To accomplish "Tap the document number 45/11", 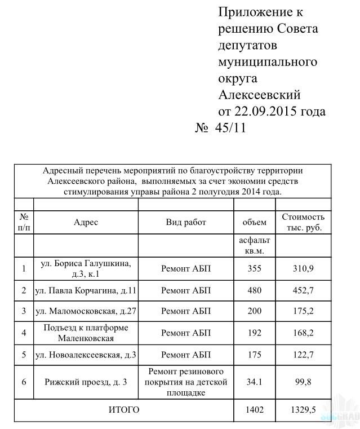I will (230, 128).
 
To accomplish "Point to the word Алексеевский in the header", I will (259, 94).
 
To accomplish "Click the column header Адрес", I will (86, 222).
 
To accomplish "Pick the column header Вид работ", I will (186, 222).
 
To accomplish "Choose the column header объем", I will (254, 222).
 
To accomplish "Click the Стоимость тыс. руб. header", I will (303, 222).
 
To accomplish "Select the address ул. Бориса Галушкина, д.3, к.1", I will (86, 268).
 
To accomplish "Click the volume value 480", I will (255, 291).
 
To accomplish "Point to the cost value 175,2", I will (303, 311).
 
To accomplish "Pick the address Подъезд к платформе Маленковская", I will (86, 333).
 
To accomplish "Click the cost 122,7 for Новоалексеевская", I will (303, 355).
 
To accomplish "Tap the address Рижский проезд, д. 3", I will (86, 382).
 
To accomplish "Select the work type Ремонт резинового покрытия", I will (186, 382).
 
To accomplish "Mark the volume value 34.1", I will (255, 382).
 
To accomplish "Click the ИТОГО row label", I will (123, 410).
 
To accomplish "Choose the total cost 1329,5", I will (303, 410).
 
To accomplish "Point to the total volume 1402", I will (255, 410).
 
